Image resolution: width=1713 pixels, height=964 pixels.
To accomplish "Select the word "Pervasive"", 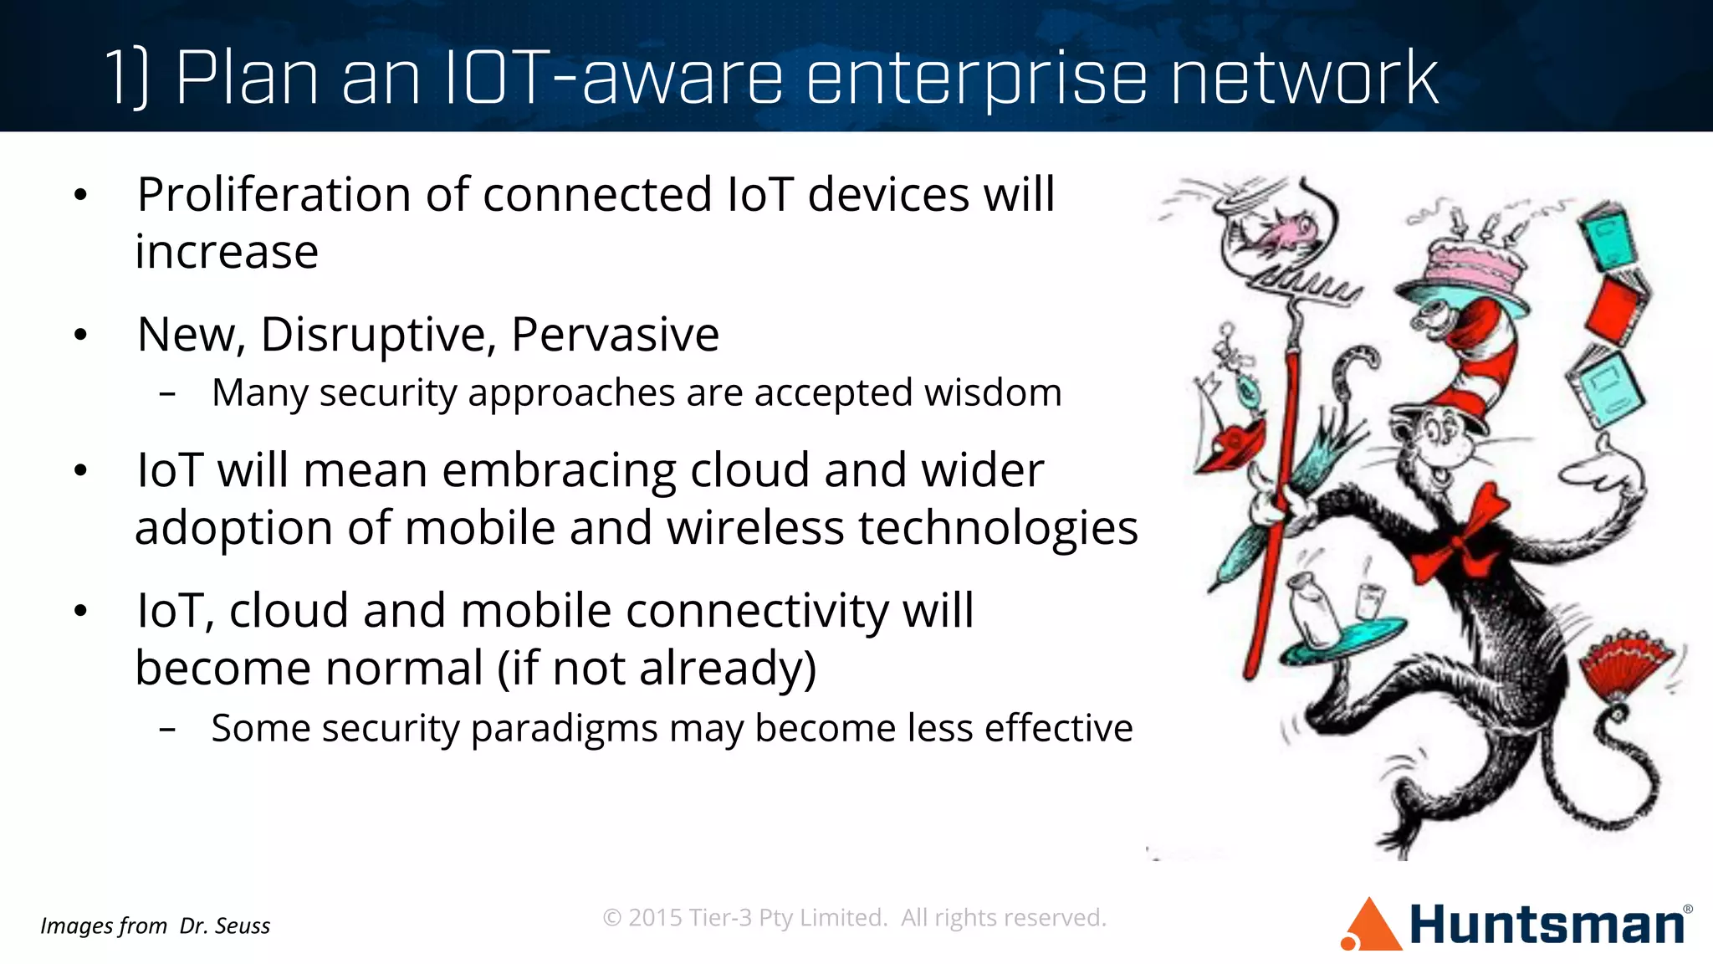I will click(615, 336).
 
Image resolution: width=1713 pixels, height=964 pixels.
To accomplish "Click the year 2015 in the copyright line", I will click(655, 918).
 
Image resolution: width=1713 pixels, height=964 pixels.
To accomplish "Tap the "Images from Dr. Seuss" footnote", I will click(156, 926).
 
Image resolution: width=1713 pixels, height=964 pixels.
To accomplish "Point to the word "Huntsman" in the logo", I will click(1547, 926).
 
